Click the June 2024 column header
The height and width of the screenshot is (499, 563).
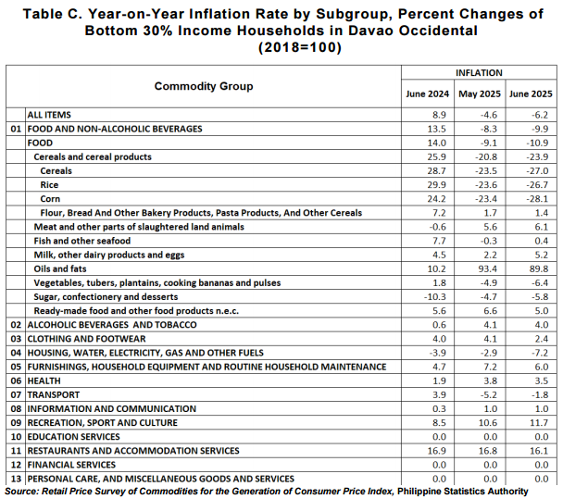(x=427, y=94)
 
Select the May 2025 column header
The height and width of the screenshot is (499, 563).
(x=480, y=94)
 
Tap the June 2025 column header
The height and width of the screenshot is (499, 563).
(x=531, y=94)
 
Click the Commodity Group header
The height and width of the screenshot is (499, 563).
(x=204, y=86)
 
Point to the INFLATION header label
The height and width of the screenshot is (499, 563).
(x=479, y=73)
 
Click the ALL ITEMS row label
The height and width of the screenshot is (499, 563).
(x=49, y=115)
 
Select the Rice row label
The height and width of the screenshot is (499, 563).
(x=49, y=185)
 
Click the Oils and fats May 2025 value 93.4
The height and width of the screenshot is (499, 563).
(x=488, y=268)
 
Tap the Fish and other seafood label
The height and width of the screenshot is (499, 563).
(x=82, y=241)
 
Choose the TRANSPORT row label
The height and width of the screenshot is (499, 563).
(x=54, y=395)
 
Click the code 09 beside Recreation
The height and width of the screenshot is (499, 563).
(x=16, y=423)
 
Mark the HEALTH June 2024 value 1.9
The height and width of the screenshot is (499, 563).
(x=439, y=380)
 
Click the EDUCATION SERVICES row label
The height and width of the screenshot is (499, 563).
(x=73, y=437)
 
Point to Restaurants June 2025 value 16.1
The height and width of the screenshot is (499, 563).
(x=539, y=451)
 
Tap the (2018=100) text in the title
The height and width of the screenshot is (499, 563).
(x=300, y=47)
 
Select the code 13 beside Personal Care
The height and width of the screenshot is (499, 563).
(x=16, y=479)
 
